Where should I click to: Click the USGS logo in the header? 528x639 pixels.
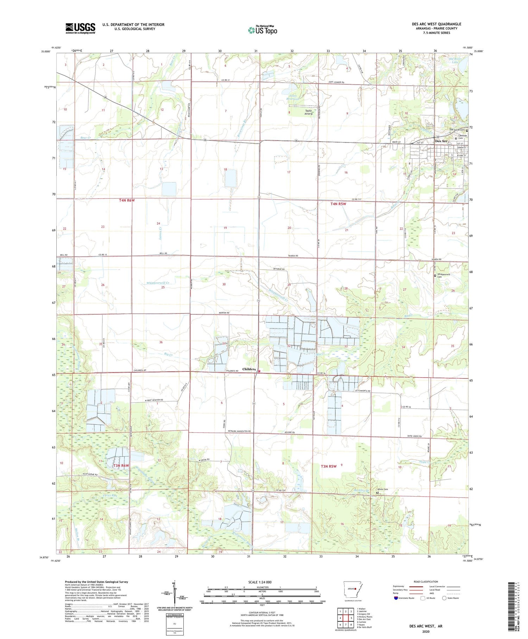[x=80, y=28]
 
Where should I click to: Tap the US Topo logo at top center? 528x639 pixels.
[x=262, y=30]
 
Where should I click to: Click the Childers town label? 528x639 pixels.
[x=249, y=369]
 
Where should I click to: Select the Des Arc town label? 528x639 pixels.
[x=441, y=141]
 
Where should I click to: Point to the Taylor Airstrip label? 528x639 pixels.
[x=308, y=112]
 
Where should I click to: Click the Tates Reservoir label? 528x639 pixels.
[x=294, y=97]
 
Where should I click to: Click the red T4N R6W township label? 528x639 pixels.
[x=127, y=200]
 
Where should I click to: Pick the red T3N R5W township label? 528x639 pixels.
[x=328, y=466]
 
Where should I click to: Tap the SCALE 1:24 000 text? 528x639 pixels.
[x=262, y=582]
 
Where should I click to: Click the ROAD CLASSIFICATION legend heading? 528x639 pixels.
[x=426, y=582]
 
